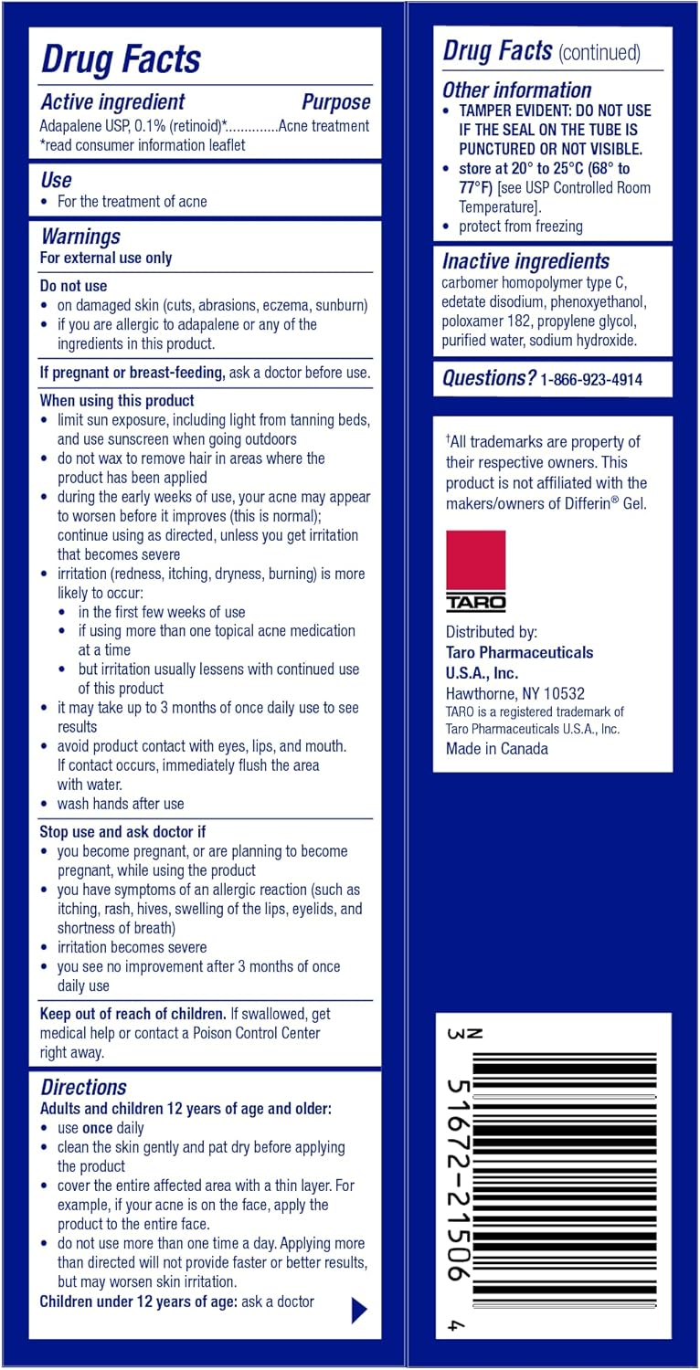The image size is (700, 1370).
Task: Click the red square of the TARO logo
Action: pyautogui.click(x=475, y=560)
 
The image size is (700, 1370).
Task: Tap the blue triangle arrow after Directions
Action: pyautogui.click(x=359, y=1311)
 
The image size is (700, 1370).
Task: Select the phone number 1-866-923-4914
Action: pyautogui.click(x=591, y=380)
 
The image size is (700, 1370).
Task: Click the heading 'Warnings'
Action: pyautogui.click(x=80, y=237)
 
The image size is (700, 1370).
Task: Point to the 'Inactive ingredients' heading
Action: pyautogui.click(x=525, y=261)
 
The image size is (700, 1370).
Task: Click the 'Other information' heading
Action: pyautogui.click(x=516, y=90)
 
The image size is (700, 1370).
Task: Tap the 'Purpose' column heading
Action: pyautogui.click(x=335, y=102)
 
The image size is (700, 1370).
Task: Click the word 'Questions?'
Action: pyautogui.click(x=489, y=378)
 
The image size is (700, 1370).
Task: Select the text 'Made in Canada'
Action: pyautogui.click(x=497, y=749)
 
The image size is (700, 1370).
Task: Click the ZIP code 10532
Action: pyautogui.click(x=556, y=693)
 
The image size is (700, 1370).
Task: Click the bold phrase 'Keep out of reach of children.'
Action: pyautogui.click(x=133, y=1014)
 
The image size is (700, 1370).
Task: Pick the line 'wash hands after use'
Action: pyautogui.click(x=121, y=804)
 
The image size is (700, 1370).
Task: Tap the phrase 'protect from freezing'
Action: pyautogui.click(x=520, y=227)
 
